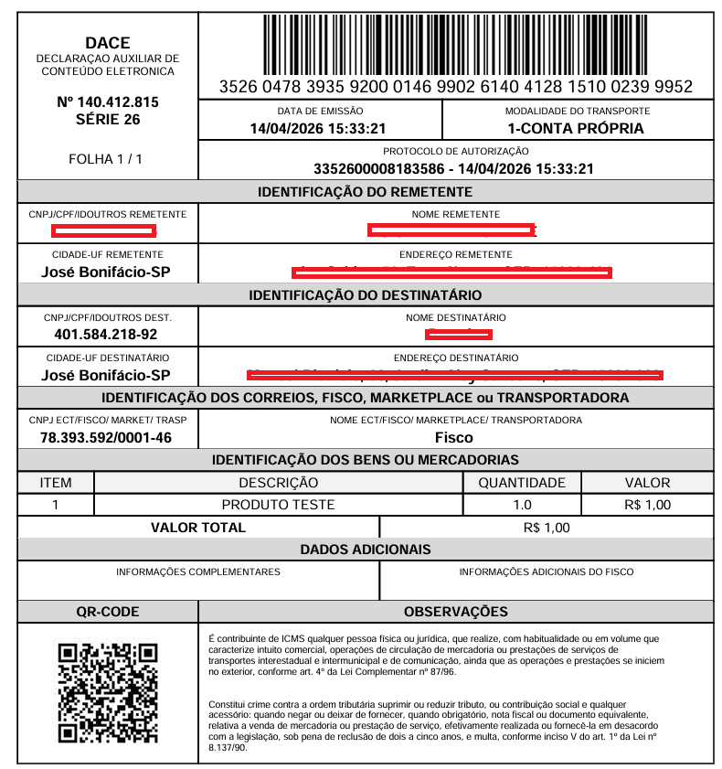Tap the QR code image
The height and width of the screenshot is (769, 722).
tap(108, 692)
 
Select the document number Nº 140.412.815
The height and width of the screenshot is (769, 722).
tap(108, 101)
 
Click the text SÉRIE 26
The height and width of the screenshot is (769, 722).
tap(108, 119)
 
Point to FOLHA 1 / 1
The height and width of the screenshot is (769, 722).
tap(106, 159)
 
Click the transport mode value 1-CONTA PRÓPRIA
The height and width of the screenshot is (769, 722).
tap(576, 128)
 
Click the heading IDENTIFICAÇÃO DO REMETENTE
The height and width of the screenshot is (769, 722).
tap(366, 192)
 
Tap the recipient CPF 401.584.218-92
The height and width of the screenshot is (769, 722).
tap(106, 334)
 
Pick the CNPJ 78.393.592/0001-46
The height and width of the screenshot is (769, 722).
tap(106, 437)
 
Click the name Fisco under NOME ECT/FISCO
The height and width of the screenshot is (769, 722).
tap(454, 437)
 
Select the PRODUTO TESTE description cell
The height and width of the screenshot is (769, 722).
tap(279, 505)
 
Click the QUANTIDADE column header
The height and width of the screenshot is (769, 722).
tap(522, 483)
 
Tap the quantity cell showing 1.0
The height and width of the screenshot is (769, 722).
tap(522, 505)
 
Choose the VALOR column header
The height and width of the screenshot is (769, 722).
tap(647, 483)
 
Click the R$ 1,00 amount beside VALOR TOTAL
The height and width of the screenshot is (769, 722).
tap(547, 528)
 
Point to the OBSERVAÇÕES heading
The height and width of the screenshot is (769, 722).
tap(456, 612)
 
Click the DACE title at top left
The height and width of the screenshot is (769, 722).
tap(108, 42)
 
